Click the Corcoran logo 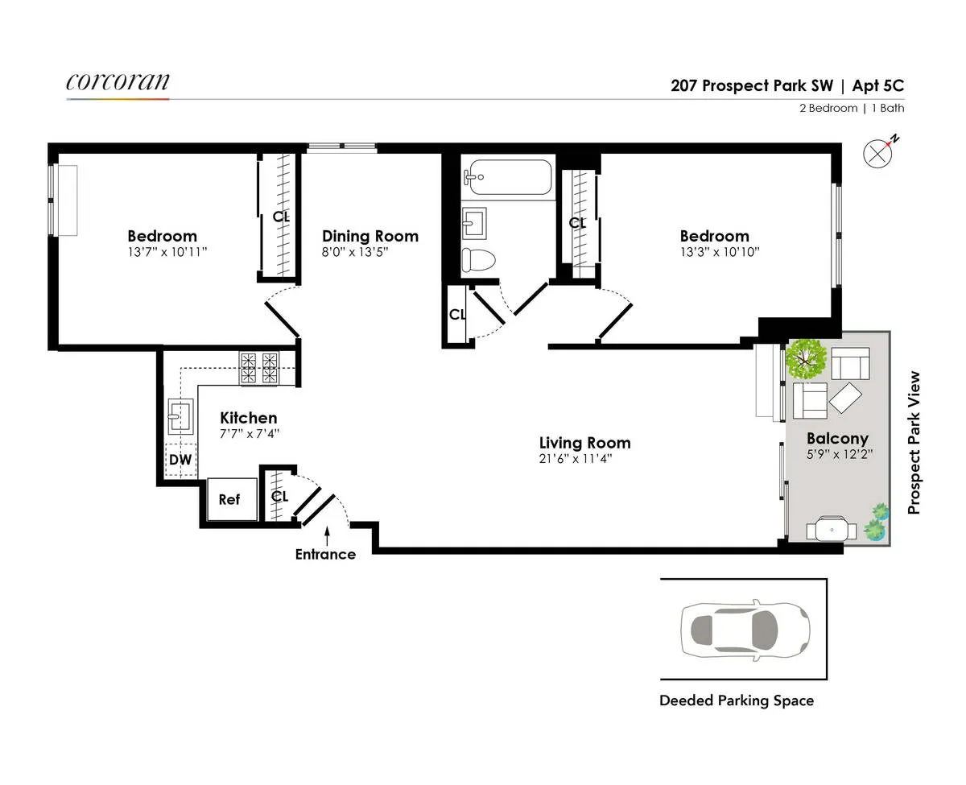[x=118, y=82]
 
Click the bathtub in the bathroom [x=506, y=176]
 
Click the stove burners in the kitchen [x=258, y=368]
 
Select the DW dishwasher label [x=181, y=460]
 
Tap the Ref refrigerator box [x=230, y=499]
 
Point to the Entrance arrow [x=327, y=534]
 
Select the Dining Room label [x=370, y=236]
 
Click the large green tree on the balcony [x=807, y=359]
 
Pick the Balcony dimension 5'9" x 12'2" [x=837, y=455]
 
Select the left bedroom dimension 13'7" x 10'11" [x=162, y=253]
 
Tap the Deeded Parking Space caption [x=737, y=700]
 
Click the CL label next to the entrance [x=279, y=496]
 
